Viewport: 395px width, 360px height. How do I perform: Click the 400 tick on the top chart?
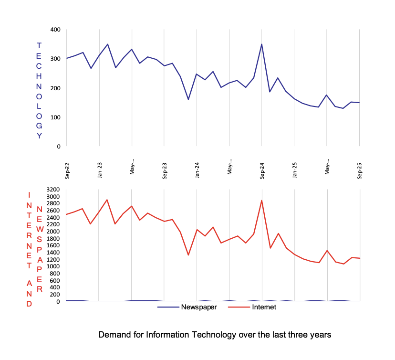[55, 30]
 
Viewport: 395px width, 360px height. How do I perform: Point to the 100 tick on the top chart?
[55, 117]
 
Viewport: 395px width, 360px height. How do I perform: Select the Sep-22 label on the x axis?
[68, 170]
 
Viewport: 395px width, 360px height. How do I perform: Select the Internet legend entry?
[264, 307]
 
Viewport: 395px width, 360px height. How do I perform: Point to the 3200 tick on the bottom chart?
[53, 190]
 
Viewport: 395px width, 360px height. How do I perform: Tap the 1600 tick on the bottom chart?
[53, 245]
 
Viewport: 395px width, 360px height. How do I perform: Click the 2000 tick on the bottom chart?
[53, 232]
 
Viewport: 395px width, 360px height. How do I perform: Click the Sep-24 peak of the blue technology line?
[261, 44]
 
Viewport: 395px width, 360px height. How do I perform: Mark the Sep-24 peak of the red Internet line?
[261, 201]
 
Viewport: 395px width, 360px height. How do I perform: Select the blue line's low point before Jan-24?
[188, 99]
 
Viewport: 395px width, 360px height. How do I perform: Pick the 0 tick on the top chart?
[59, 146]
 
